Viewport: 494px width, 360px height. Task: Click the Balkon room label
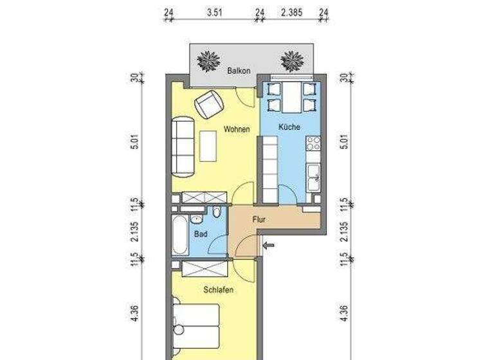point(238,70)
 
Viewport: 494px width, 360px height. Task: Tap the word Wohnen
point(236,129)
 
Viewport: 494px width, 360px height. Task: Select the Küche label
point(289,127)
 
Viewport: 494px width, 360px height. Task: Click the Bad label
point(201,235)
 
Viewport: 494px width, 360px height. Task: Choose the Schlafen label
point(218,290)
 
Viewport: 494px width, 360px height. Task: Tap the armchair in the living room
point(208,104)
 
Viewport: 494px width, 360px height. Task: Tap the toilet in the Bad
point(217,213)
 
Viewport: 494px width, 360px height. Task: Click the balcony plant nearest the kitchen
point(292,62)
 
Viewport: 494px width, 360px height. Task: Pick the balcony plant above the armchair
point(209,62)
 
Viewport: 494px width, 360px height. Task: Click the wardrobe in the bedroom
point(203,269)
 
